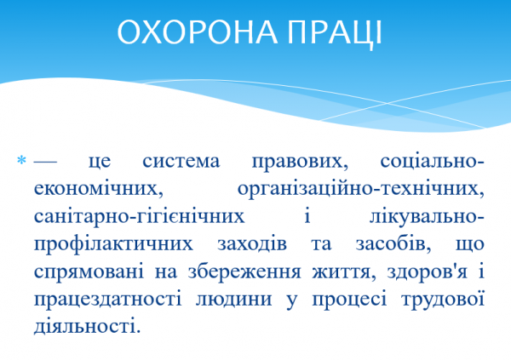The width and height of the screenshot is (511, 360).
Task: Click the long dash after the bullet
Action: pos(47,162)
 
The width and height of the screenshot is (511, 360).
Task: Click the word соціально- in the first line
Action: pos(429,162)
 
